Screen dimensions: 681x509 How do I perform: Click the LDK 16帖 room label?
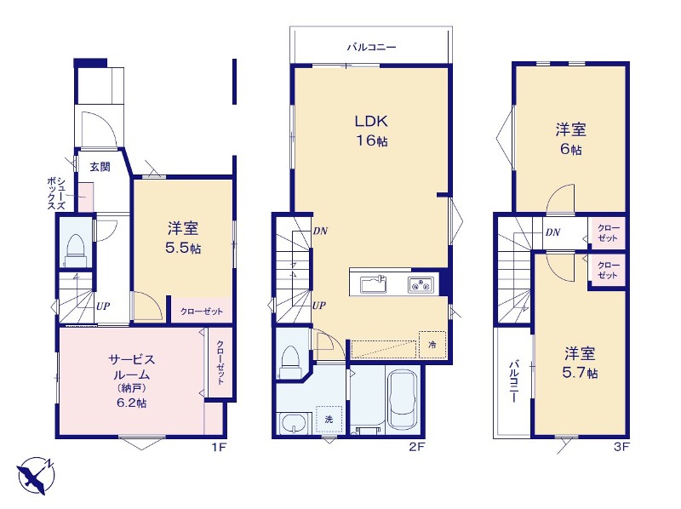(371, 130)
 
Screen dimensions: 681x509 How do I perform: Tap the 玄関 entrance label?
(100, 167)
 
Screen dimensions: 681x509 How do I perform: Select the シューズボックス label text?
(56, 194)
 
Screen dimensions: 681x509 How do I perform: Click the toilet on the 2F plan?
(289, 362)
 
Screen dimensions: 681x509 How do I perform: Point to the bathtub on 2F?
(403, 399)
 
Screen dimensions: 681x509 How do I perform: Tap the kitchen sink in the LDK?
(374, 285)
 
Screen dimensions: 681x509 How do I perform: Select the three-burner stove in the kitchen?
(421, 285)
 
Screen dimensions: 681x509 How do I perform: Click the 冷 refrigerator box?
(432, 345)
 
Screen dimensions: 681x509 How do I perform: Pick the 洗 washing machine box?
(329, 419)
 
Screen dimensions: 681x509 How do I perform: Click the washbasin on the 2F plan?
(295, 423)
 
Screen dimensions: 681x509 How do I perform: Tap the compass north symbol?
(36, 475)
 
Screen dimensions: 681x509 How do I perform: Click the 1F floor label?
(220, 447)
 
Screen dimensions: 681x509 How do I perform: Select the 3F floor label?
(621, 447)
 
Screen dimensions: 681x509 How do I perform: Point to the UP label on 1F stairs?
(103, 306)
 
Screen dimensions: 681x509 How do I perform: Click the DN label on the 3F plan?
(552, 232)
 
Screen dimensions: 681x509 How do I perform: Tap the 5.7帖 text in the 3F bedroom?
(580, 373)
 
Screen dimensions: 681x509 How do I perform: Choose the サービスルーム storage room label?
(131, 380)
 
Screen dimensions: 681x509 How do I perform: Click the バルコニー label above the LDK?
(371, 47)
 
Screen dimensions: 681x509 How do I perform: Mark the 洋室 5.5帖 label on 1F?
(183, 238)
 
